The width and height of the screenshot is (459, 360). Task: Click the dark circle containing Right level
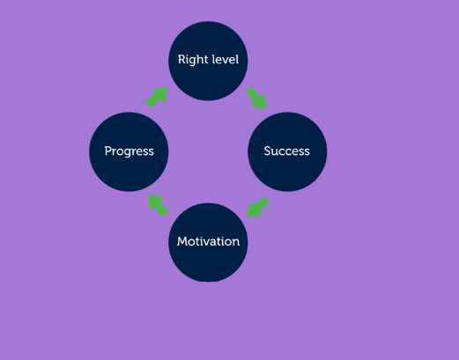coord(208,61)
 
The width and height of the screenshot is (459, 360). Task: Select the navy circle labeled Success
coord(287,151)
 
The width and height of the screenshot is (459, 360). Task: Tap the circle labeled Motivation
coord(208,242)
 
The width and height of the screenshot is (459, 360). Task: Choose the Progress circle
coord(129,151)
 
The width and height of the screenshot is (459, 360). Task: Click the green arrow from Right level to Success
coord(257,99)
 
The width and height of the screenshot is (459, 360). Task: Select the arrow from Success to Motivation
coord(257,208)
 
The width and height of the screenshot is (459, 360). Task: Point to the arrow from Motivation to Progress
coord(159,205)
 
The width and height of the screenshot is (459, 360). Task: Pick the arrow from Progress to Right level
coord(158,97)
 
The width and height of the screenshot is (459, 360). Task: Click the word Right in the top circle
coord(192,60)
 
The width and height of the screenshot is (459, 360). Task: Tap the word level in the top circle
coord(225,60)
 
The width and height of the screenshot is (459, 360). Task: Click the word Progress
coord(130,151)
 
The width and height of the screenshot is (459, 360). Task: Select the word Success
coord(286,151)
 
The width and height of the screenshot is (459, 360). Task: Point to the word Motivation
coord(208,241)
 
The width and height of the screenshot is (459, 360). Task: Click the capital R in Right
coord(182,60)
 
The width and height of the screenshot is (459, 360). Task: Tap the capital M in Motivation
coord(182,241)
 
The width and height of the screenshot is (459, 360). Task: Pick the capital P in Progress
coord(108,151)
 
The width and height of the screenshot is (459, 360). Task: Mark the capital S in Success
coord(267,151)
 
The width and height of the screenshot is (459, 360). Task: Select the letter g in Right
coord(194,62)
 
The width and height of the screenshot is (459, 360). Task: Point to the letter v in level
coord(225,61)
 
